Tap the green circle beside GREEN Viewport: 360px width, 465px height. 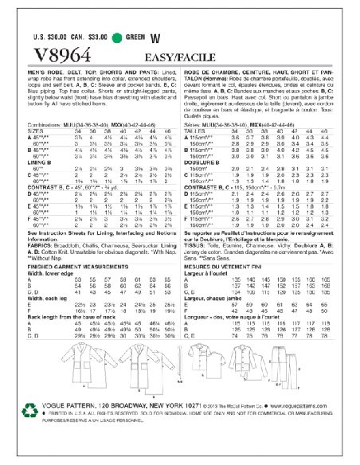[118, 37]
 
